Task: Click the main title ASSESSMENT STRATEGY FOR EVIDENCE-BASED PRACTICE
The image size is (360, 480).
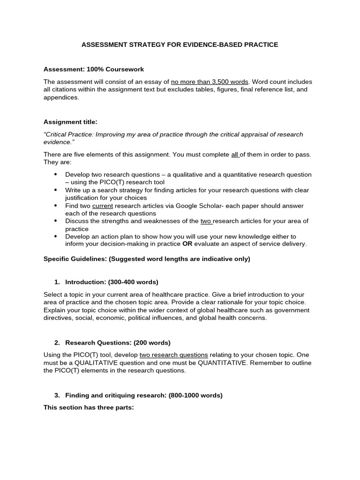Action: [180, 45]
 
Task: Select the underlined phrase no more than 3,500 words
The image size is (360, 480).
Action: [210, 81]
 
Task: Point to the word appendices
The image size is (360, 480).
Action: [61, 97]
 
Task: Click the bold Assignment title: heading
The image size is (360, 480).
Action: [70, 122]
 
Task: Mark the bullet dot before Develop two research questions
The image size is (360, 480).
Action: [55, 174]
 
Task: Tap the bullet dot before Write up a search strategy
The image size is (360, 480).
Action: [55, 190]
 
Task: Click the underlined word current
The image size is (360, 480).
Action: [103, 206]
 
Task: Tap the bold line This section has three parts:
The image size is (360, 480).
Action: [89, 407]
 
